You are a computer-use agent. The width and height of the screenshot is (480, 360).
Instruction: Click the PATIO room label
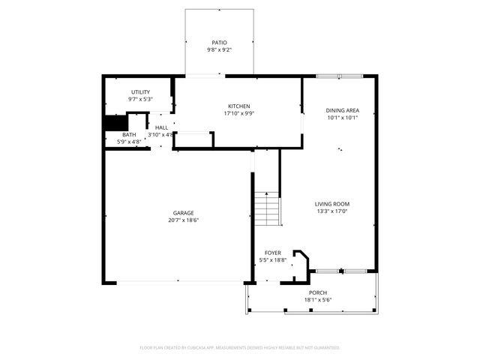(x=218, y=43)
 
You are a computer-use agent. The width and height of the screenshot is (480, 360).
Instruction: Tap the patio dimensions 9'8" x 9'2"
(x=218, y=50)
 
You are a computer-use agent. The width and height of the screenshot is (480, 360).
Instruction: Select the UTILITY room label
(x=140, y=92)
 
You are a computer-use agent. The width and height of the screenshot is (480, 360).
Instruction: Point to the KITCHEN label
(x=239, y=106)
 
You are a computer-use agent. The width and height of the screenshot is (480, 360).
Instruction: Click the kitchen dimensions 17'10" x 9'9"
(x=239, y=113)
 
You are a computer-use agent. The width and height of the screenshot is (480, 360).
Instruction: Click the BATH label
(x=129, y=134)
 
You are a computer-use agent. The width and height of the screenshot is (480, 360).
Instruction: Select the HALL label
(x=161, y=127)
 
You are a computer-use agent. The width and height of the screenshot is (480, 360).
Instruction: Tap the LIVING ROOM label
(x=331, y=204)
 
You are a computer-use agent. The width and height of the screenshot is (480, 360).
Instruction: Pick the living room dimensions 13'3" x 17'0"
(x=331, y=211)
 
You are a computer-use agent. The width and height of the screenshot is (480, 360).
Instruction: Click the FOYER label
(x=272, y=253)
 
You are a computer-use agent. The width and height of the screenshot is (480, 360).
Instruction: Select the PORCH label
(x=318, y=292)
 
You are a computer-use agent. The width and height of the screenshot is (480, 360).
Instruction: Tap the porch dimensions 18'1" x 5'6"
(x=318, y=300)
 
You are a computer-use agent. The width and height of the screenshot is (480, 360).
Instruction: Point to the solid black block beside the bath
(x=114, y=122)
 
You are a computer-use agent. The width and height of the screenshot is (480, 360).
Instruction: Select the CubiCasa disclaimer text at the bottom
(x=240, y=347)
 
